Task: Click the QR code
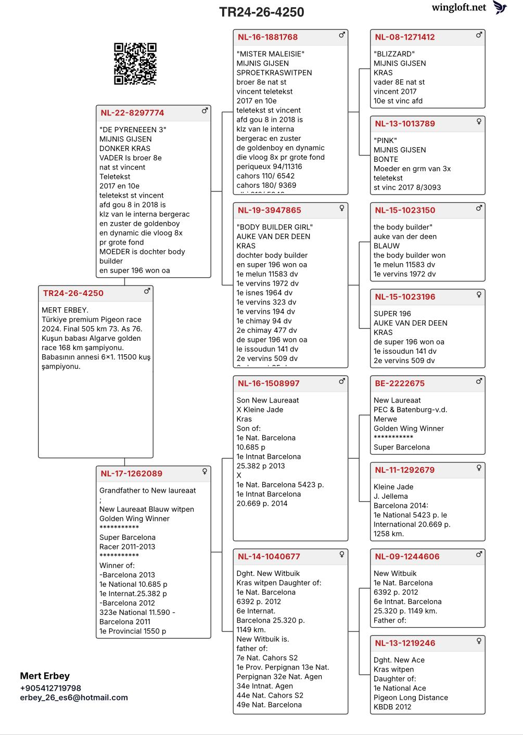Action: point(135,63)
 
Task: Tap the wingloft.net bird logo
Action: point(500,7)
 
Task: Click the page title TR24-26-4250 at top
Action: point(261,12)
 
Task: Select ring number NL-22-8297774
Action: point(132,113)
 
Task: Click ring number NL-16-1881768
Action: point(267,37)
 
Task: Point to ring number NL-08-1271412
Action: point(404,37)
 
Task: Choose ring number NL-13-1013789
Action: point(404,124)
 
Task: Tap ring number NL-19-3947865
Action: point(269,210)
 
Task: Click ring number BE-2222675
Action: point(399,383)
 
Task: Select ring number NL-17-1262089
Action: point(131,473)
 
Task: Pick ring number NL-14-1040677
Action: point(269,557)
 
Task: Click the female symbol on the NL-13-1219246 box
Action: point(479,641)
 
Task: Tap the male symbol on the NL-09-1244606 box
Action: point(479,555)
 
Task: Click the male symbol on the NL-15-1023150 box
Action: point(479,209)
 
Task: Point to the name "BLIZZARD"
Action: point(394,54)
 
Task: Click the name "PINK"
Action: point(385,140)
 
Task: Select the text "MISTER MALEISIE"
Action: point(270,54)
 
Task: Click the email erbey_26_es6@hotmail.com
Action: point(74,698)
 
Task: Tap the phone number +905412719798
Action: point(50,688)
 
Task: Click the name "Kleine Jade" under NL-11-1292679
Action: point(393,487)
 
